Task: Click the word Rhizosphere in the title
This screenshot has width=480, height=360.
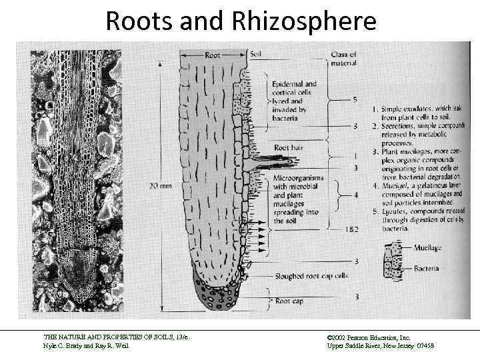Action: (x=305, y=21)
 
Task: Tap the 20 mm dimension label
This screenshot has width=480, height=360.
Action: (x=161, y=185)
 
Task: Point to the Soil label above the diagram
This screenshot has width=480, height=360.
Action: (x=256, y=53)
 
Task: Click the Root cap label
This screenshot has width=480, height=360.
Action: (x=289, y=301)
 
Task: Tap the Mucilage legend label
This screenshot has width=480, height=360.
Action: (x=427, y=248)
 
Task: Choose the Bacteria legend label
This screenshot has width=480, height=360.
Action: (x=426, y=269)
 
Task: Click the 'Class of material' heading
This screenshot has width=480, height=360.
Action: (x=344, y=58)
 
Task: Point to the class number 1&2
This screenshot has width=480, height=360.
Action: (x=353, y=229)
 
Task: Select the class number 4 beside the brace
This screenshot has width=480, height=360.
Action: (x=356, y=195)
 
